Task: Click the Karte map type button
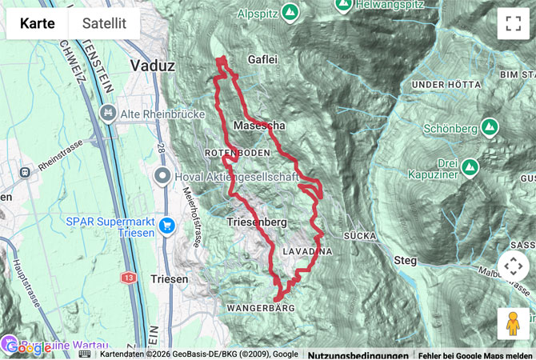(x=38, y=23)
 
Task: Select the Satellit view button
(x=104, y=23)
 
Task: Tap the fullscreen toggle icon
(x=513, y=23)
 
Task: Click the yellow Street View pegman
(x=513, y=324)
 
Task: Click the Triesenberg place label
(x=257, y=222)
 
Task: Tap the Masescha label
(x=259, y=126)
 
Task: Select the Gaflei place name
(x=264, y=59)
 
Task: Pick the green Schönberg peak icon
(x=490, y=127)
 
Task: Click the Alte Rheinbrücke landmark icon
(x=106, y=114)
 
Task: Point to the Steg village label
(x=406, y=260)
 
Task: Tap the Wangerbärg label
(x=261, y=307)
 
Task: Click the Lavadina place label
(x=307, y=250)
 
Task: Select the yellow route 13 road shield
(x=129, y=277)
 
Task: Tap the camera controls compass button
(x=513, y=266)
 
